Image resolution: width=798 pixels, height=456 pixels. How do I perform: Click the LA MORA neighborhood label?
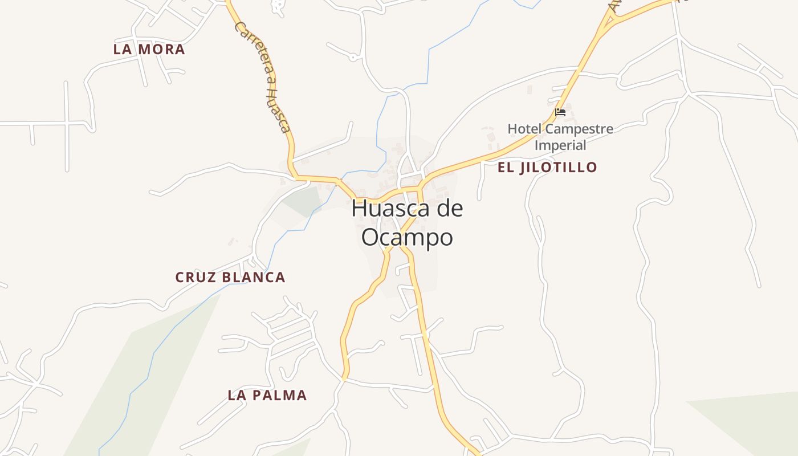pos(149,50)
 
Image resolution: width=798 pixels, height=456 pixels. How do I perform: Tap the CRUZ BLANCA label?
pos(230,278)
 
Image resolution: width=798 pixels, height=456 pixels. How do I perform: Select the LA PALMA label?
pos(267,395)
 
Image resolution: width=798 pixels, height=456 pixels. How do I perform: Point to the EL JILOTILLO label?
pos(547,167)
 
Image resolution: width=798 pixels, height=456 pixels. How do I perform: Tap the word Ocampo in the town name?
pos(407,237)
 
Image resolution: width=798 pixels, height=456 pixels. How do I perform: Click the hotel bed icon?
pos(560,112)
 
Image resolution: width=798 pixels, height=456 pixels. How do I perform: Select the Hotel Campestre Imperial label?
pos(560,137)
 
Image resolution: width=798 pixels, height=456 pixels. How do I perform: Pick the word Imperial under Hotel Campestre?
pos(560,145)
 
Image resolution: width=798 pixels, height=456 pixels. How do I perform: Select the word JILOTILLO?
pos(562,167)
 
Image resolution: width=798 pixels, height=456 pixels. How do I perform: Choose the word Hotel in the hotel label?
pos(523,129)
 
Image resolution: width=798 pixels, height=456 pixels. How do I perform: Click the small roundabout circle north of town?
pos(353,57)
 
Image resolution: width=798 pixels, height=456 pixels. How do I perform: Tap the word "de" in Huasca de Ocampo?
pos(450,209)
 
